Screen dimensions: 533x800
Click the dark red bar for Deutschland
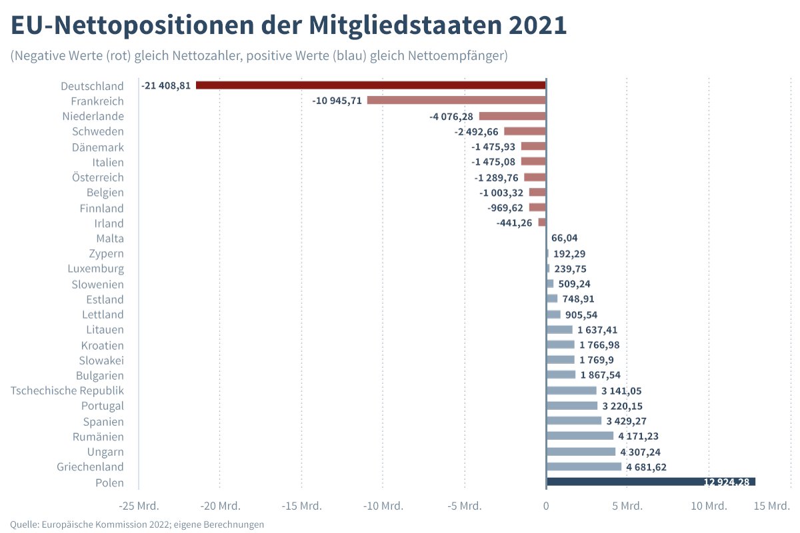tap(371, 85)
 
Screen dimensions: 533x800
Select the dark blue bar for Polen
tap(650, 482)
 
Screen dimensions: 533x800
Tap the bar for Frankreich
tap(456, 101)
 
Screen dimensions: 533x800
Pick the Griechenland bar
tap(583, 467)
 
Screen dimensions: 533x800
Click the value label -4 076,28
tap(451, 117)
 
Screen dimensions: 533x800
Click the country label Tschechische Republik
tap(67, 390)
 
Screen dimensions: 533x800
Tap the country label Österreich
tap(98, 177)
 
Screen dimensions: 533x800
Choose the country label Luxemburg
tap(95, 268)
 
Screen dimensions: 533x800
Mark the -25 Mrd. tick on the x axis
tap(139, 506)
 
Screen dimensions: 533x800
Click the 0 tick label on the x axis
tap(546, 506)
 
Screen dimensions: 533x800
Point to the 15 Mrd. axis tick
tap(771, 506)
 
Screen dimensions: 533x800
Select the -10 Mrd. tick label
tap(383, 506)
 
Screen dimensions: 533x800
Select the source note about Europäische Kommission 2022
tap(137, 524)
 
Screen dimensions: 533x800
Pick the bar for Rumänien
tap(579, 436)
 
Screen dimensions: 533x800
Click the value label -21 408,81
tap(166, 85)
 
